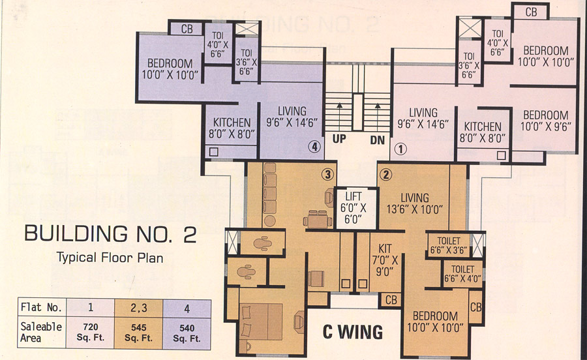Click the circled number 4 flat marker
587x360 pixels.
[x=315, y=147]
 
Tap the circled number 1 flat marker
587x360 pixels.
[x=400, y=149]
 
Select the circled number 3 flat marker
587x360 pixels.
[x=327, y=174]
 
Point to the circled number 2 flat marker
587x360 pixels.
[x=386, y=174]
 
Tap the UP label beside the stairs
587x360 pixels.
[x=339, y=140]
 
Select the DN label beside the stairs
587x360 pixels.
[x=378, y=140]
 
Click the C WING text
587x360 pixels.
[x=354, y=331]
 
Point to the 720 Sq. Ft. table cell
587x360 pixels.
[x=90, y=331]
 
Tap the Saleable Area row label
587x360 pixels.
[x=40, y=331]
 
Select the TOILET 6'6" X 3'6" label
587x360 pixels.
[x=448, y=245]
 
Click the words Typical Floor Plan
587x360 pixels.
[x=110, y=257]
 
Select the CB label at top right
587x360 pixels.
[x=531, y=12]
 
